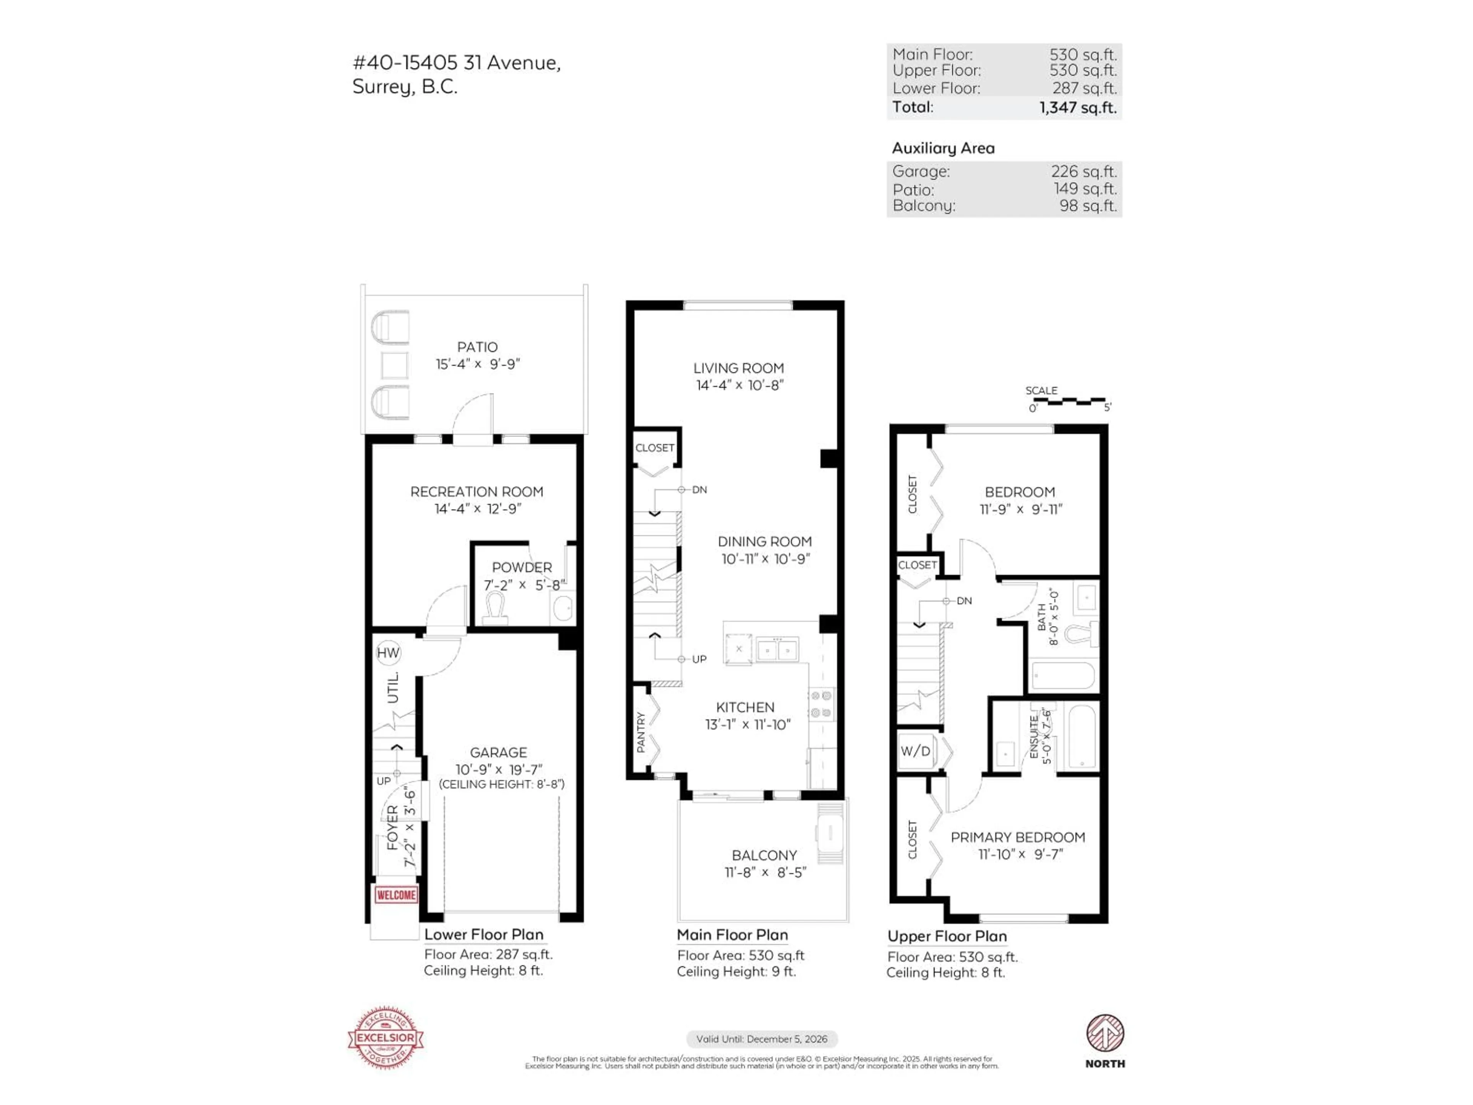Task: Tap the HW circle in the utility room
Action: pyautogui.click(x=388, y=653)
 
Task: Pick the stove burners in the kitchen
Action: pyautogui.click(x=821, y=705)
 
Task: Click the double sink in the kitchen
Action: pyautogui.click(x=777, y=649)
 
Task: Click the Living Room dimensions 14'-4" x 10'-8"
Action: pyautogui.click(x=739, y=385)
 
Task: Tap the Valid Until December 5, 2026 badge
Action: pyautogui.click(x=762, y=1039)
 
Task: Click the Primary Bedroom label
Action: pyautogui.click(x=1018, y=837)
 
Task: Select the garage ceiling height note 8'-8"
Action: pyautogui.click(x=501, y=784)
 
